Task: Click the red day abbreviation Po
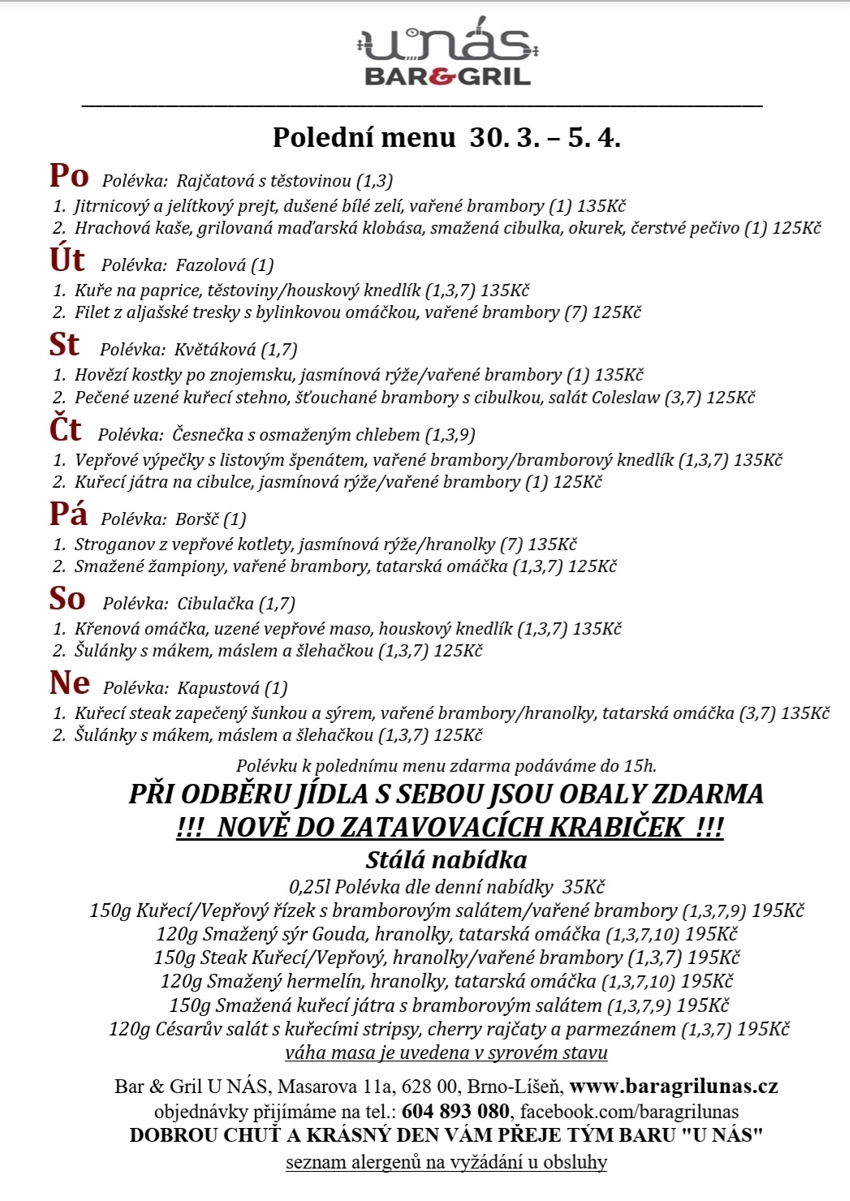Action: [69, 176]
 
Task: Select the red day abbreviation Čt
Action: [66, 430]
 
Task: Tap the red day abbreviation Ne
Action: [70, 683]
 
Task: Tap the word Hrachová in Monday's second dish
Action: [108, 228]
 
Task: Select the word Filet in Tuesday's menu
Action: [92, 312]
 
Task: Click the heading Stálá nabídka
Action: [446, 860]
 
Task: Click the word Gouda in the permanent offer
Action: [341, 934]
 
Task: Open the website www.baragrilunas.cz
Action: [674, 1087]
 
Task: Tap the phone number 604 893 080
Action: [455, 1111]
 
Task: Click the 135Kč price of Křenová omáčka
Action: [597, 629]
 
